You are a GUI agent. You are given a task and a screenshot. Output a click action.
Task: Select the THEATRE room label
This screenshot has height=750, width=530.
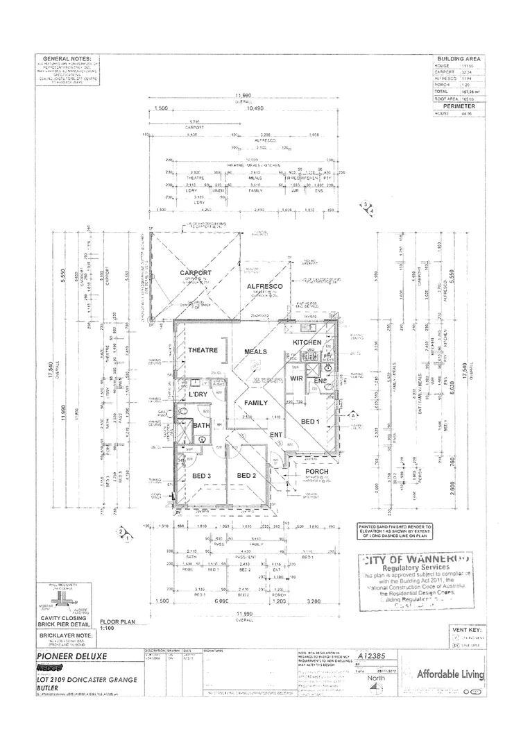point(203,351)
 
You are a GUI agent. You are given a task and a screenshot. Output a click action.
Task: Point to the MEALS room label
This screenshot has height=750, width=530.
point(255,352)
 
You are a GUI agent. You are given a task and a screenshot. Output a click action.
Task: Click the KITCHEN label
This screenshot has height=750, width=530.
point(307,343)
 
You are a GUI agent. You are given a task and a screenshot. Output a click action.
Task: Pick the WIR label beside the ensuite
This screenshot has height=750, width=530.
point(296,378)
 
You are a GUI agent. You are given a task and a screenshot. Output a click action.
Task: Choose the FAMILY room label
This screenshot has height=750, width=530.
point(256,402)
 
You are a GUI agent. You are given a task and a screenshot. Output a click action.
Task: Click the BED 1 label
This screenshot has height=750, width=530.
point(309,422)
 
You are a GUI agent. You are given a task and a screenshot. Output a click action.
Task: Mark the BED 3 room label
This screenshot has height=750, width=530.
point(202,475)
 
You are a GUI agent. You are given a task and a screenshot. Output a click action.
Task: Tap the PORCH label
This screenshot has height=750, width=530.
point(316,472)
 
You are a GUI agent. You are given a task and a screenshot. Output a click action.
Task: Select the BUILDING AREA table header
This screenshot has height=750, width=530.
point(459,60)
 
